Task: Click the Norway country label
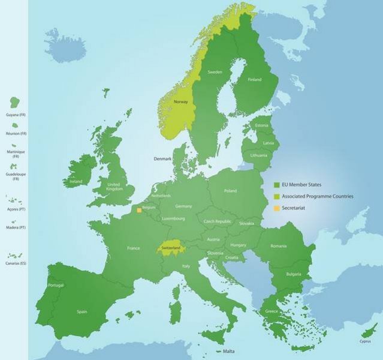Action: [180, 102]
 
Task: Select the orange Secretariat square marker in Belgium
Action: [139, 210]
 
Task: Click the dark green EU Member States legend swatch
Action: [276, 185]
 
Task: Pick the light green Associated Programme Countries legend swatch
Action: [276, 196]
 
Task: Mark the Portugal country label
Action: [55, 285]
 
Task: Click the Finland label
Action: [255, 79]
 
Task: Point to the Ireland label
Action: [76, 181]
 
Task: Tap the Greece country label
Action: [271, 311]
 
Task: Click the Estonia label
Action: [261, 125]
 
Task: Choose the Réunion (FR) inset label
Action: [14, 133]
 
